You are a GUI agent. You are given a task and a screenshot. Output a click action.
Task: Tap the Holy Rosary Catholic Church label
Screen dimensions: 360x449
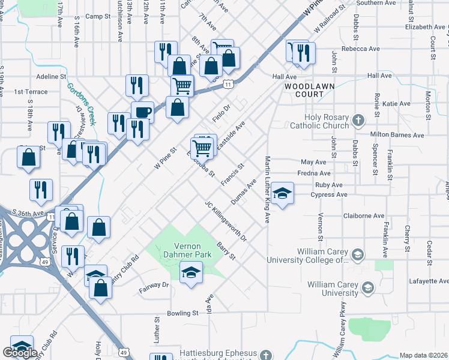coord(319,122)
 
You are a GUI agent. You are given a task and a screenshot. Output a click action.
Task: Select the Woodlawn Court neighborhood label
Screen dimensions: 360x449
coord(309,91)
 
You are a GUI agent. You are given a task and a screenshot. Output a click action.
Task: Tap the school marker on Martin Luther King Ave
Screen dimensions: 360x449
coord(282,193)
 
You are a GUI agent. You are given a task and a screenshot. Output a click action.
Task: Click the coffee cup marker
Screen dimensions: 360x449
coord(142,112)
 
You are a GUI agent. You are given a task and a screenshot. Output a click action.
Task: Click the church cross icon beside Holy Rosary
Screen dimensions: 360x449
coord(358,119)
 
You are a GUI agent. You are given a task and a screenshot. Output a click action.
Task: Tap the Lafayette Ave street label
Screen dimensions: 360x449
coord(430,281)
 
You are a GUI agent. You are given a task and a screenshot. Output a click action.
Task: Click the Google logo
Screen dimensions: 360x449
coord(20,353)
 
